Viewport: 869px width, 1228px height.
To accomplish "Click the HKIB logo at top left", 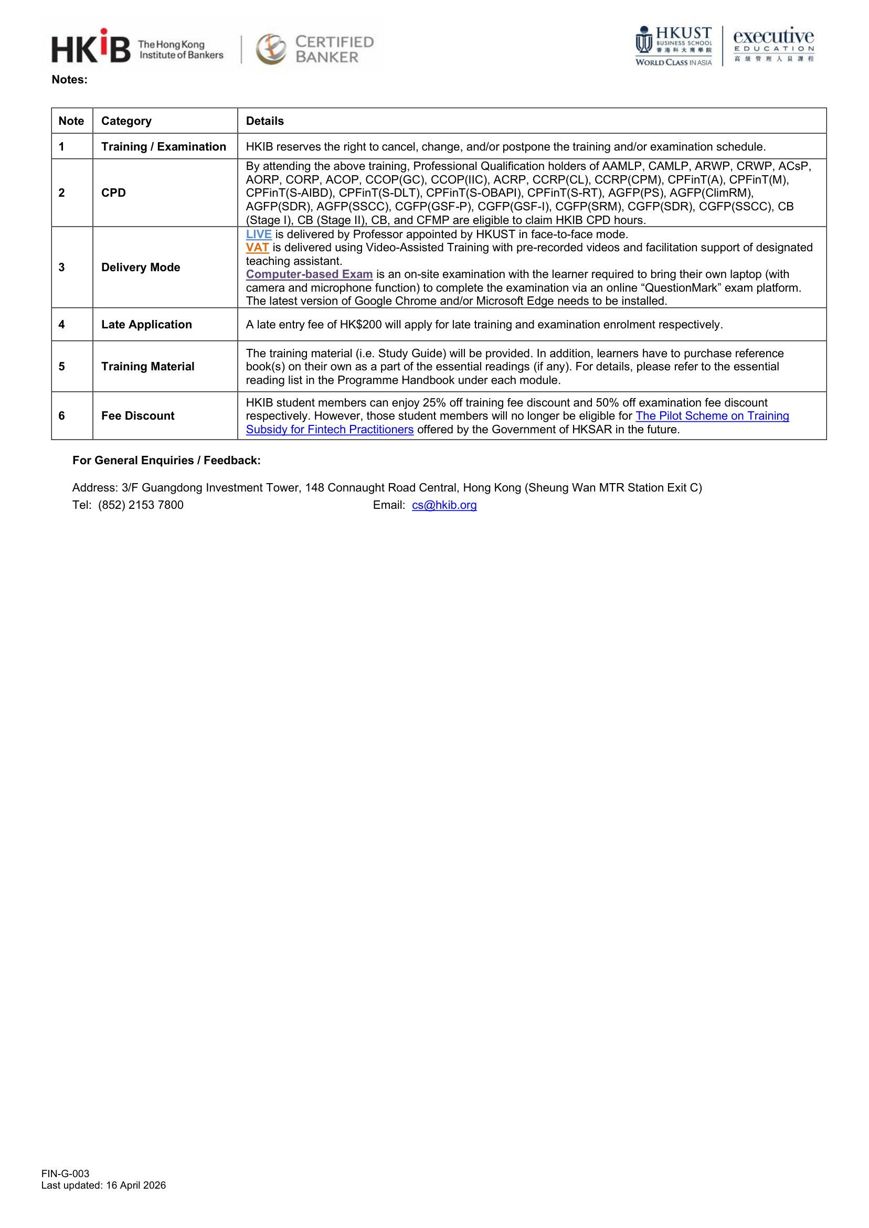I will pyautogui.click(x=91, y=47).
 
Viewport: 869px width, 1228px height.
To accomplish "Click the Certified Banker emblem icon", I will pyautogui.click(x=271, y=49).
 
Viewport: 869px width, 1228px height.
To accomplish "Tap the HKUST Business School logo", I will pyautogui.click(x=674, y=46).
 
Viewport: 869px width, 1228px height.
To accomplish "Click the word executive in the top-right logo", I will pyautogui.click(x=773, y=36).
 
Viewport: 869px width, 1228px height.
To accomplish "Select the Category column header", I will pyautogui.click(x=126, y=121).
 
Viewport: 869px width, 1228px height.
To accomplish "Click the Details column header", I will pyautogui.click(x=265, y=121).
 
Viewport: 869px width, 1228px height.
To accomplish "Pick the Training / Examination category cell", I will pyautogui.click(x=164, y=146).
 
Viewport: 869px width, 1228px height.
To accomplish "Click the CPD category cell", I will pyautogui.click(x=113, y=193).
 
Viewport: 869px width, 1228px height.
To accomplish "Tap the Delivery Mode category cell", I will pyautogui.click(x=141, y=267).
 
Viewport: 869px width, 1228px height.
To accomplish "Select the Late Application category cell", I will pyautogui.click(x=146, y=324).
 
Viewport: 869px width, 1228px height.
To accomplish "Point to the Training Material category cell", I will pyautogui.click(x=147, y=366).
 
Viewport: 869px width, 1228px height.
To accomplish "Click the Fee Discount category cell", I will pyautogui.click(x=138, y=415).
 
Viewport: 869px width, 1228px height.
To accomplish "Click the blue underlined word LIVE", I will pyautogui.click(x=259, y=234).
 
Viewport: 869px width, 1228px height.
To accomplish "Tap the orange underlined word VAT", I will pyautogui.click(x=257, y=248).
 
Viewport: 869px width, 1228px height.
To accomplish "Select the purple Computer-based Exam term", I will pyautogui.click(x=309, y=274).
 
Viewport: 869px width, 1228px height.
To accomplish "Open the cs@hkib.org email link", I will pyautogui.click(x=444, y=505).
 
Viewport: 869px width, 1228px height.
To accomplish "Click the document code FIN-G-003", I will pyautogui.click(x=65, y=1189).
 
